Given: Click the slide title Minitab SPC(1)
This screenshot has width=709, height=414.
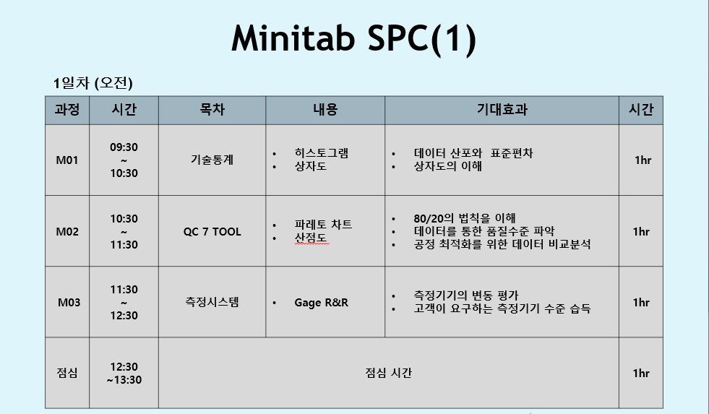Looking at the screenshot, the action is click(x=354, y=39).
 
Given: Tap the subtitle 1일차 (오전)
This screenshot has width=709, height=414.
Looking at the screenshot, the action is click(x=93, y=83).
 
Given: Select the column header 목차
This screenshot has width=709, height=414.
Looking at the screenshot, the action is click(x=212, y=109).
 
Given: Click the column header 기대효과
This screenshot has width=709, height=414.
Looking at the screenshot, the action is click(x=502, y=109).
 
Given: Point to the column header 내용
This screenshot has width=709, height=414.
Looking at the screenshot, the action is click(x=325, y=109).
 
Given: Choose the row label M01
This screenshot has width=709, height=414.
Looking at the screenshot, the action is click(x=67, y=160).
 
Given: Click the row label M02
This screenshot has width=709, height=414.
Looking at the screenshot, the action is click(x=67, y=231).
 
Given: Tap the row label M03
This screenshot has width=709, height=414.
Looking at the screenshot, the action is click(x=69, y=302).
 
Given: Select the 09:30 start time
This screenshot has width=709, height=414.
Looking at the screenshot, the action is click(x=124, y=147).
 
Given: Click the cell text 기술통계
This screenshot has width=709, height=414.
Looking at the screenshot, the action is click(x=212, y=160).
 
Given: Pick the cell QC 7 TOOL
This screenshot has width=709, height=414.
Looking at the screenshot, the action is click(x=212, y=232).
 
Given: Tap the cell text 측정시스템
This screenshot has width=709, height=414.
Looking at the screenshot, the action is click(x=212, y=301).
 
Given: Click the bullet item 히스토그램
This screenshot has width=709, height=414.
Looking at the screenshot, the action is click(x=322, y=153).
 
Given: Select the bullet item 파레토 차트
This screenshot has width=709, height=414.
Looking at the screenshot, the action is click(x=323, y=225).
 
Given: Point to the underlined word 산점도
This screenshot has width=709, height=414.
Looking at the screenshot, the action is click(x=311, y=238).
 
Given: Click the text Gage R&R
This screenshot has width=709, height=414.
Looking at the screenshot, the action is click(x=322, y=302).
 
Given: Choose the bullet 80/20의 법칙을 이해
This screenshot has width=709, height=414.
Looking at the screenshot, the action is click(x=465, y=218).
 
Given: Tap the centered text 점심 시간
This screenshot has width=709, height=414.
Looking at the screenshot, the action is click(x=388, y=372).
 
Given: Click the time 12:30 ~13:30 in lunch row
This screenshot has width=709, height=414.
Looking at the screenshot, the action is click(x=124, y=374).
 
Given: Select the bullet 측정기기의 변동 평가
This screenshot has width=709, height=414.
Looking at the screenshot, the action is click(x=466, y=295).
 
